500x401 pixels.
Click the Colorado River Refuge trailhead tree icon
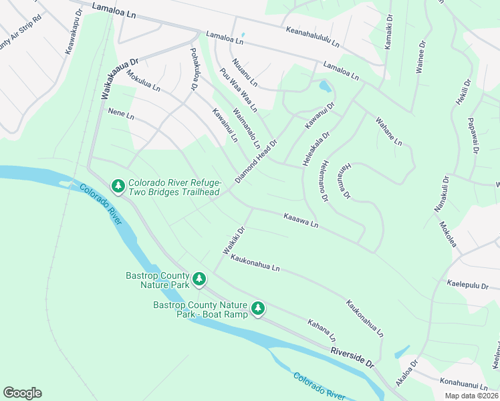pyautogui.click(x=118, y=185)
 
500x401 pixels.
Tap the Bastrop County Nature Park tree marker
pyautogui.click(x=199, y=279)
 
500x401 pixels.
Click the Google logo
pyautogui.click(x=22, y=393)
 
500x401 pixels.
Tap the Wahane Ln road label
pyautogui.click(x=388, y=132)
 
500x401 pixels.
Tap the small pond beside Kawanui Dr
pyautogui.click(x=325, y=87)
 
